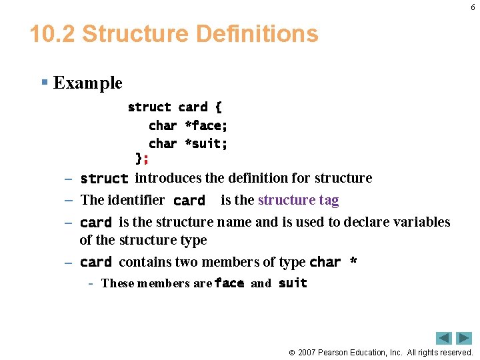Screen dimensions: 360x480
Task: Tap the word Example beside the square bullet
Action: pos(87,83)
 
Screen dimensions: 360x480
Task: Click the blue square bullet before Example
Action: pos(44,83)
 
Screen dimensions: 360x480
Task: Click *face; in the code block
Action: pos(206,125)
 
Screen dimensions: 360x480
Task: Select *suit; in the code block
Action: pos(206,143)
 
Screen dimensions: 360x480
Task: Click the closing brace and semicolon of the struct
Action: pos(142,159)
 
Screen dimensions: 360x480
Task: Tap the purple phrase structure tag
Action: pos(298,200)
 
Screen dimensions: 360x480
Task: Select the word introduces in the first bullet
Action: pos(168,178)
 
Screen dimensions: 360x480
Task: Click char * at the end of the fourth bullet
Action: pos(333,262)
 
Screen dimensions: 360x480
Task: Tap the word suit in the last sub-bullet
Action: pos(293,283)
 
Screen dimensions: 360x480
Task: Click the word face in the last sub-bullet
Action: pos(229,283)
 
